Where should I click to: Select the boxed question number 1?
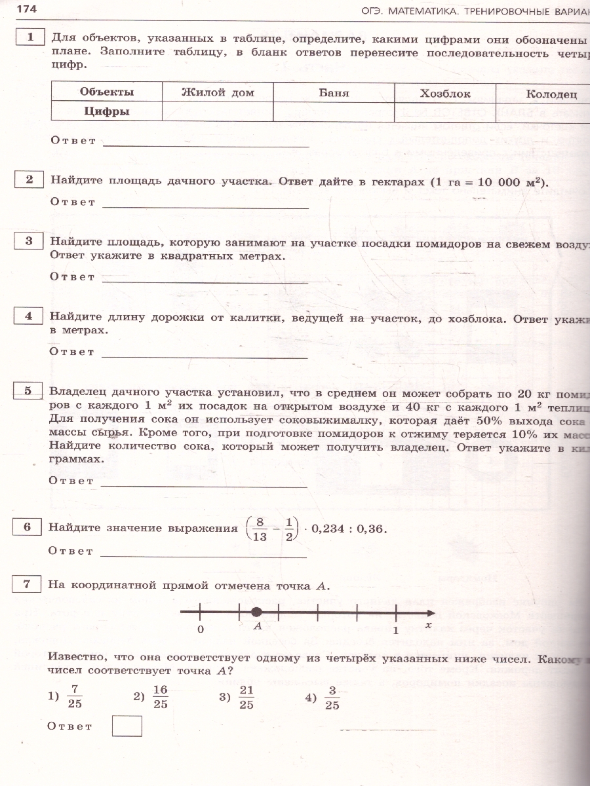click(x=29, y=37)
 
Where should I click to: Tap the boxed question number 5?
click(x=29, y=391)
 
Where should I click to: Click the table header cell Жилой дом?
click(x=217, y=92)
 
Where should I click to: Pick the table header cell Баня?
click(x=334, y=92)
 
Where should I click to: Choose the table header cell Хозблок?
click(x=445, y=93)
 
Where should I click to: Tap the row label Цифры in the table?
click(x=107, y=111)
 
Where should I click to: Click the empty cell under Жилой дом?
click(x=217, y=111)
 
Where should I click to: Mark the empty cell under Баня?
click(x=334, y=111)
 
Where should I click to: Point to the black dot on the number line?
click(x=257, y=612)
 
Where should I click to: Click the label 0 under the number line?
click(x=201, y=629)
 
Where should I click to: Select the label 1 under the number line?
click(x=395, y=629)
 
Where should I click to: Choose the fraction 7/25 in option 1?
click(x=74, y=697)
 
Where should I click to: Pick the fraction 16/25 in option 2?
click(x=160, y=697)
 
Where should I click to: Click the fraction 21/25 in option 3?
click(x=246, y=697)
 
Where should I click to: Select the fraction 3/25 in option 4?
click(x=332, y=697)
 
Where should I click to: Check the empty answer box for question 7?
click(x=127, y=726)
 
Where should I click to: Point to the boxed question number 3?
click(x=29, y=241)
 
